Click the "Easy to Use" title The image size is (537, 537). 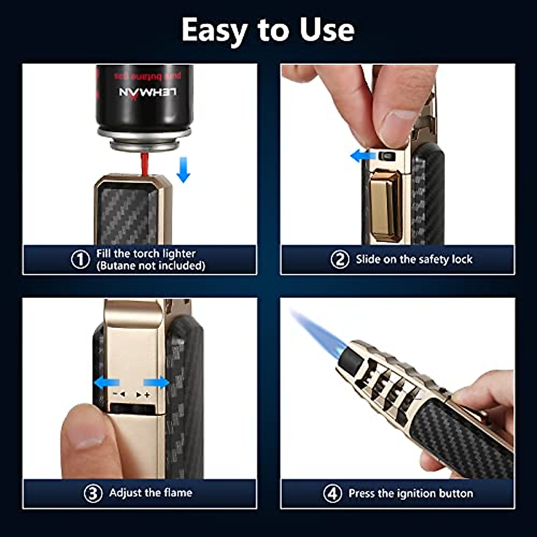(268, 30)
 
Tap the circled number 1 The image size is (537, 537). (81, 260)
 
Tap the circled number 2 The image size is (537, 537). (340, 260)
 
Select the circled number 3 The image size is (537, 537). (93, 494)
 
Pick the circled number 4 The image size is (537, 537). (332, 494)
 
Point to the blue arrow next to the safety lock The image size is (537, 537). (362, 156)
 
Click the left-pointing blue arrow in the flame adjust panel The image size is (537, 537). (107, 383)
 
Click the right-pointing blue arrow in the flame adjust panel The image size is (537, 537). (157, 383)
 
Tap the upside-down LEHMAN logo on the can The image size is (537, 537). (148, 92)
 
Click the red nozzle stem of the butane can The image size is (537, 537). (145, 164)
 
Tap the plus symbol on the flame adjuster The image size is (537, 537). (147, 395)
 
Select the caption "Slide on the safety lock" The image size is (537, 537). (414, 260)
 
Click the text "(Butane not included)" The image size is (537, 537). (151, 266)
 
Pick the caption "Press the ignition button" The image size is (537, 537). (410, 494)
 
